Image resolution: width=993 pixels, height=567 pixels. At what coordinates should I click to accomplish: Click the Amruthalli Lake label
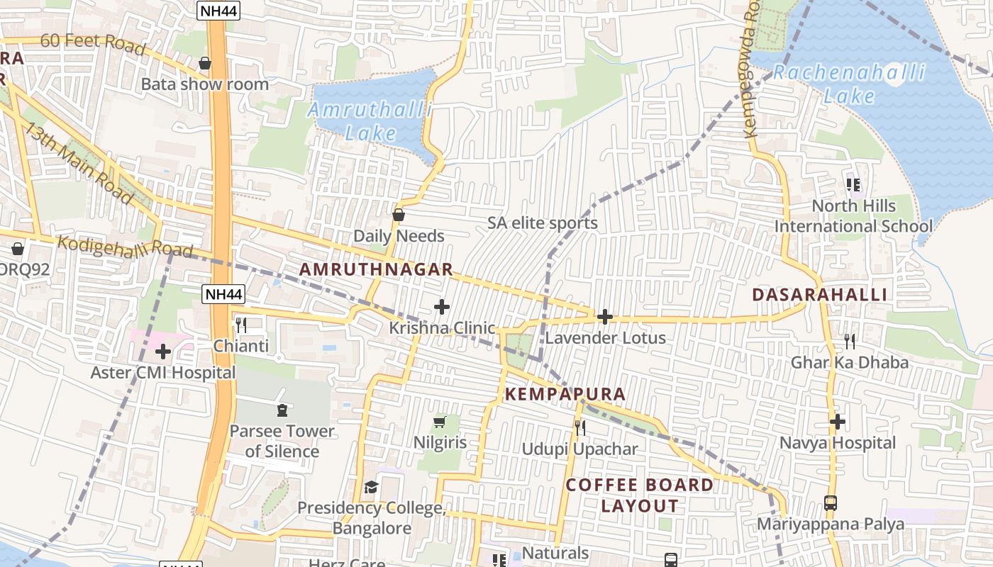[370, 121]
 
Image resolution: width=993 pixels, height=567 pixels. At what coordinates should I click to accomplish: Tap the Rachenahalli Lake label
[849, 84]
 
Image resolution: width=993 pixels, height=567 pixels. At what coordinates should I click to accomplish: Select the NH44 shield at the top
[218, 10]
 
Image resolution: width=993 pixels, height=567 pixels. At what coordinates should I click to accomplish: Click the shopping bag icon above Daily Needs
[399, 215]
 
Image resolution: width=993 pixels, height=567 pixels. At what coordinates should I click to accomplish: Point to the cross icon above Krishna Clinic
[442, 307]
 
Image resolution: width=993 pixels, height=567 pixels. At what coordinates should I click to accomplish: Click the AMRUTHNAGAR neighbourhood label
[376, 269]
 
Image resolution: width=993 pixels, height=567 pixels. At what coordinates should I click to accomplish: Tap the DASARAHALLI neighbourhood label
[819, 295]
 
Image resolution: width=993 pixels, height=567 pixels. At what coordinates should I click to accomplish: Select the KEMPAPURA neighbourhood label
[565, 394]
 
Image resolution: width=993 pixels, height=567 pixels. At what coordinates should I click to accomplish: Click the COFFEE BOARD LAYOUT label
[640, 495]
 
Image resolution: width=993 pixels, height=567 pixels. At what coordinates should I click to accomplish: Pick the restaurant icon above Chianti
[241, 325]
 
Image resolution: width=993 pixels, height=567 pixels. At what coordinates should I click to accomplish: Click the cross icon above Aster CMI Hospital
[163, 352]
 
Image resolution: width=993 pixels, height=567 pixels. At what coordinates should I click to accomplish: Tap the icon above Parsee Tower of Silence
[282, 410]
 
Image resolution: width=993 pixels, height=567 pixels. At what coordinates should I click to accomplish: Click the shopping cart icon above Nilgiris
[439, 422]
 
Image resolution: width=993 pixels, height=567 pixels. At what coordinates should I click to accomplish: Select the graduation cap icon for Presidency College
[371, 487]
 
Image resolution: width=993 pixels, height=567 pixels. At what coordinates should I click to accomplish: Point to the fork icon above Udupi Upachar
[579, 427]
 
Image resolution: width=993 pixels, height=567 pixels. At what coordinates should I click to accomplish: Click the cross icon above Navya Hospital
[838, 422]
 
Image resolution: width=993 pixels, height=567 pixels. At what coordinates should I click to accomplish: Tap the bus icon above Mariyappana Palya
[831, 503]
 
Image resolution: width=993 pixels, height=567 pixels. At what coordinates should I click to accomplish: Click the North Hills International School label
[853, 216]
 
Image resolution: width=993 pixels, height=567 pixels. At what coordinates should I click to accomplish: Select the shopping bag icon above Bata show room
[205, 64]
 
